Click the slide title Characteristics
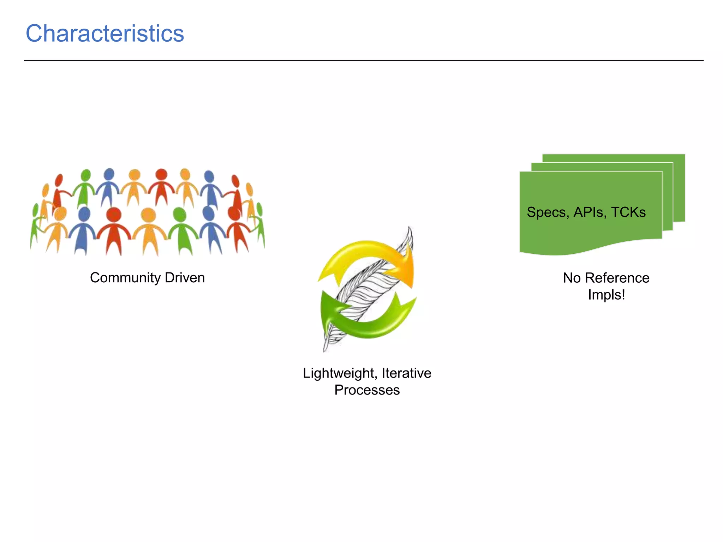[x=105, y=34]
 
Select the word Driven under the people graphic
[x=185, y=278]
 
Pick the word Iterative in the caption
[x=406, y=373]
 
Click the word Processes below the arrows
[x=367, y=390]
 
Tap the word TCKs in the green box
[x=628, y=212]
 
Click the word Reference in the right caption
[x=617, y=278]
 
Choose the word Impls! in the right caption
[x=606, y=295]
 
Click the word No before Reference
[x=572, y=278]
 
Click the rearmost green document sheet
[x=680, y=187]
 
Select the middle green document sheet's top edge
[x=600, y=163]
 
